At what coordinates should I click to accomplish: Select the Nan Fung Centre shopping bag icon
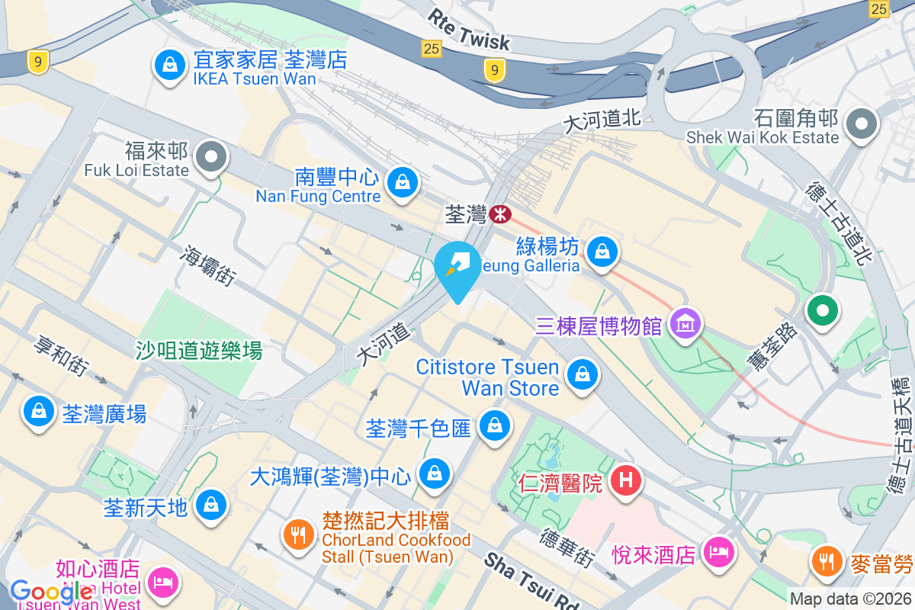tap(400, 182)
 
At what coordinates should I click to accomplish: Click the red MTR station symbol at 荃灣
tap(500, 215)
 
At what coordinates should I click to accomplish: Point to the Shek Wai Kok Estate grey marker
tap(862, 124)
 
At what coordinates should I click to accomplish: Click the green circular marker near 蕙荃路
tap(823, 311)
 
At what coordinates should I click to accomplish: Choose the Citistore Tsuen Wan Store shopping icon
tap(582, 374)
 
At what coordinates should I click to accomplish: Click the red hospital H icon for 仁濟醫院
tap(626, 481)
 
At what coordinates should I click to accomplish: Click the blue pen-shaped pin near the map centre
tap(458, 267)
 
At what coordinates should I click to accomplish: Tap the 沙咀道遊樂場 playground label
tap(199, 351)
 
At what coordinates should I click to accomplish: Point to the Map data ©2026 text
tap(850, 599)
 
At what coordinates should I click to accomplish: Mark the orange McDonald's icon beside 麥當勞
tap(824, 562)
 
